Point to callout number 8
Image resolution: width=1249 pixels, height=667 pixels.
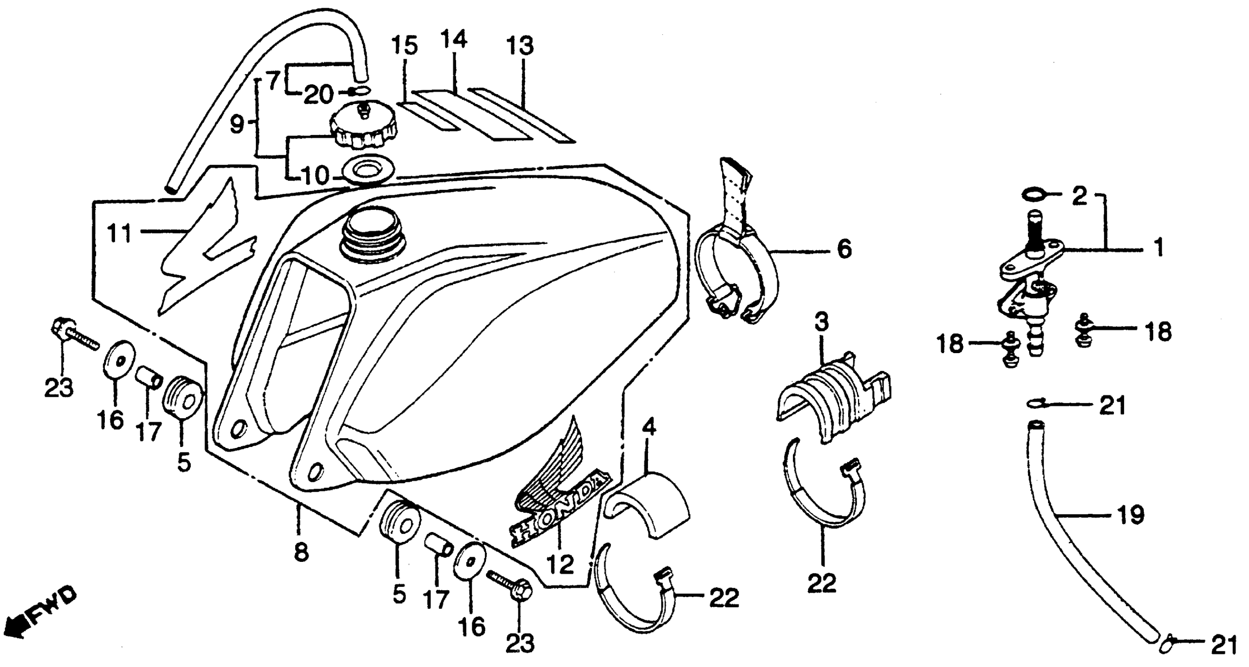point(301,552)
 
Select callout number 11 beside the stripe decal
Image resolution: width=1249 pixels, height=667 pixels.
point(119,233)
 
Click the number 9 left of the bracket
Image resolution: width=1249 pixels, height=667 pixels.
point(236,125)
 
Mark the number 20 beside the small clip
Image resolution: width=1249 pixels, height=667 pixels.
point(319,95)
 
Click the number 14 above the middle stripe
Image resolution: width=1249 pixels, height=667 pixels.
point(454,39)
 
